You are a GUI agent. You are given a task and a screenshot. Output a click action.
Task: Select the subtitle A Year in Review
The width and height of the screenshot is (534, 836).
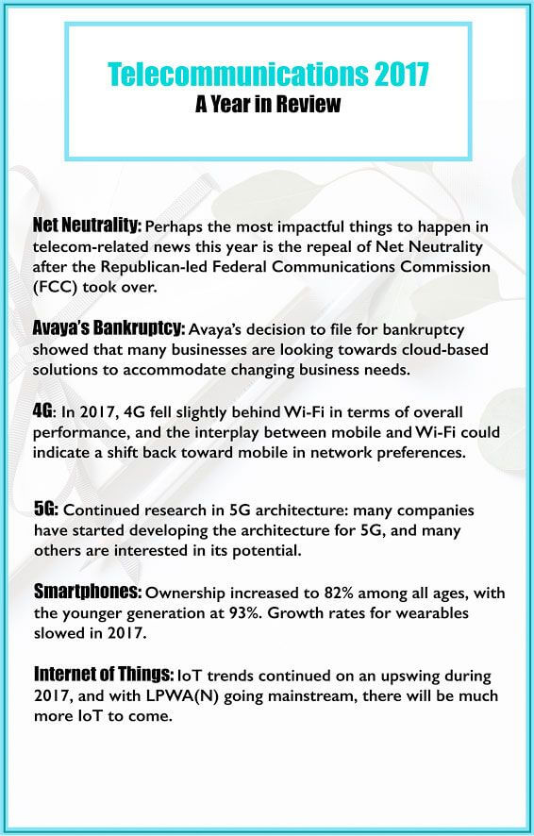click(267, 104)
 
